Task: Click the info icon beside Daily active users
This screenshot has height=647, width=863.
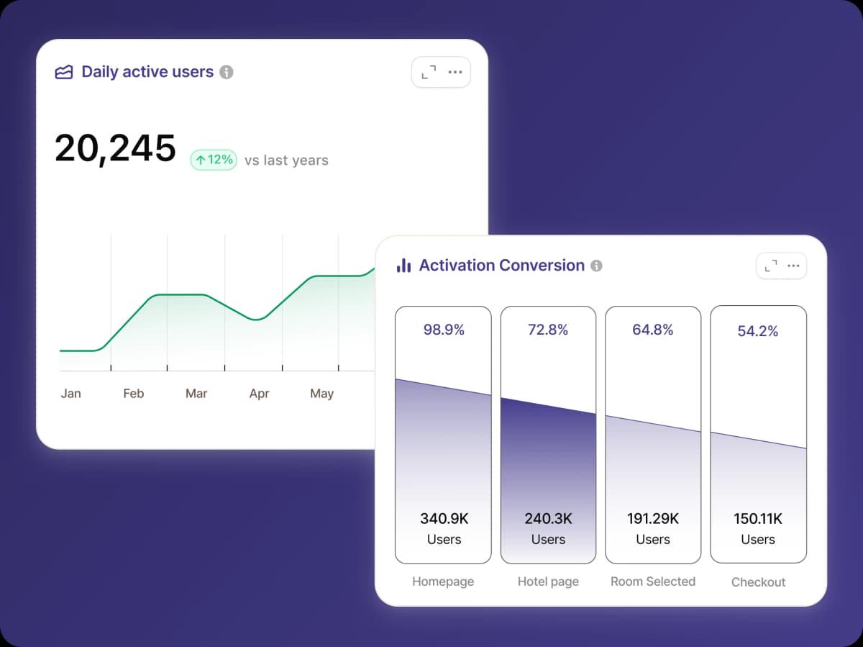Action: tap(227, 72)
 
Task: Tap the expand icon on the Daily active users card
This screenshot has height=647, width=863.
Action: tap(429, 72)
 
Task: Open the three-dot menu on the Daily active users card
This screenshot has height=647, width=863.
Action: tap(455, 72)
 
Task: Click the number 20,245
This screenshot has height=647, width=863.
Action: tap(115, 148)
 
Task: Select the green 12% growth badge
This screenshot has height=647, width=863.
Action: tap(214, 159)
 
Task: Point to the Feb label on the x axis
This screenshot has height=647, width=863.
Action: tap(134, 394)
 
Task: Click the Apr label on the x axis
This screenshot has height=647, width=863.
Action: tap(259, 394)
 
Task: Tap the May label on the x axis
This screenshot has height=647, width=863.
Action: tap(321, 394)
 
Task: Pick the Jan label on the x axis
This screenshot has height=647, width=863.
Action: tap(70, 394)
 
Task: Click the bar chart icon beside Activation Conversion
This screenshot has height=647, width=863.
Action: tap(403, 266)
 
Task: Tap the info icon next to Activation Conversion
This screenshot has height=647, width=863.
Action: tap(596, 266)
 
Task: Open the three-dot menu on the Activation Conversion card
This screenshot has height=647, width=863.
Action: tap(793, 266)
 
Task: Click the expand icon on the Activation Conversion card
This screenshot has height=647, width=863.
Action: tap(771, 266)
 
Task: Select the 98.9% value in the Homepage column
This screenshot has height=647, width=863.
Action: tap(444, 330)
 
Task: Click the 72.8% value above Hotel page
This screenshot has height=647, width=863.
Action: tap(548, 330)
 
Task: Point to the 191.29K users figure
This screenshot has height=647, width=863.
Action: tap(653, 518)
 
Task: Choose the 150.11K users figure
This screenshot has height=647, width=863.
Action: tap(758, 518)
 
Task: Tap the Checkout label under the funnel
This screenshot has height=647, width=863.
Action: tap(758, 582)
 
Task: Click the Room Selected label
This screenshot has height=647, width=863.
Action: tap(653, 582)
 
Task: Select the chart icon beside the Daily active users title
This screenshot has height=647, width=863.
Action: tap(64, 72)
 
